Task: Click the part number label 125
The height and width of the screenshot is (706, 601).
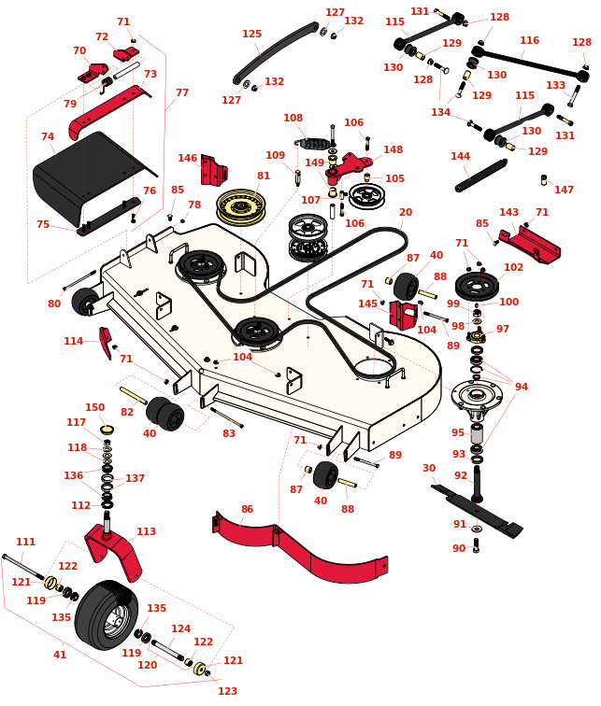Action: (251, 35)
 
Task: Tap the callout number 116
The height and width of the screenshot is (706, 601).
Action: (529, 41)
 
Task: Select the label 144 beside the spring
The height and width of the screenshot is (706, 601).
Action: (460, 156)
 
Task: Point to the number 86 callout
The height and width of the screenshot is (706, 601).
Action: (247, 510)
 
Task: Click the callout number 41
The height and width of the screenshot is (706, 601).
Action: (60, 655)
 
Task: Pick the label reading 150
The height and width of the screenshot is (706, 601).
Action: (95, 407)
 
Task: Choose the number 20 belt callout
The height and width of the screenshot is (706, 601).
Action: (405, 212)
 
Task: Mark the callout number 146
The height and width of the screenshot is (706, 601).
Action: (188, 158)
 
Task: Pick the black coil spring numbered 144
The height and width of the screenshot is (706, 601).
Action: (481, 175)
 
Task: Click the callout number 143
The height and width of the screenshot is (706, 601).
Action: (508, 213)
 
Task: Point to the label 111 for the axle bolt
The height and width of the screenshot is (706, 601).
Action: (25, 542)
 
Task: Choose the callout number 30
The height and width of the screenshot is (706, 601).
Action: (429, 469)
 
